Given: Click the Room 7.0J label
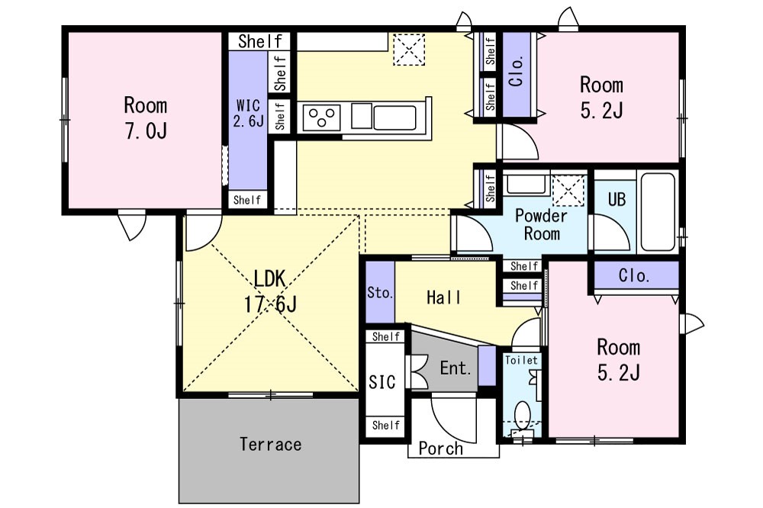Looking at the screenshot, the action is tap(146, 117).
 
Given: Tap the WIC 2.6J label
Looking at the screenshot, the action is tap(248, 113).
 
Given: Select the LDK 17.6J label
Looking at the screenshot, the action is tap(270, 291).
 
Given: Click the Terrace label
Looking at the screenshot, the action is tap(271, 444).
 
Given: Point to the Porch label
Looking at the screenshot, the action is tap(441, 449).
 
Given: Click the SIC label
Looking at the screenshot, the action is tap(382, 382).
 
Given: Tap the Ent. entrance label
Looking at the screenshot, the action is tap(456, 368).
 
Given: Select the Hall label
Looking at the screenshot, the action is tap(444, 297).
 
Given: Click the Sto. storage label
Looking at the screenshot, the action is tap(380, 293).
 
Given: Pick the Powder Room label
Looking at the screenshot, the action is tap(541, 224).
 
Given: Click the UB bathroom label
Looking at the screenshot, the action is tap(617, 199).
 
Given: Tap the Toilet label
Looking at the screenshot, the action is tap(521, 361).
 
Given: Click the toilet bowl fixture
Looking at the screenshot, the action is tap(522, 415).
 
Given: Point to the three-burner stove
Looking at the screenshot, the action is tap(322, 117).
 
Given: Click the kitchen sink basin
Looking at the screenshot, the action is tap(394, 117).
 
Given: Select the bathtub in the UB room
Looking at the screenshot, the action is tap(658, 212).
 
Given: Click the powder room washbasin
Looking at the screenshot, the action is tap(526, 184).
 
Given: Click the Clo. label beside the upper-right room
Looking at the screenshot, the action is tap(517, 71).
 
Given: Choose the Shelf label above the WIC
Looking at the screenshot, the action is tap(260, 41).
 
